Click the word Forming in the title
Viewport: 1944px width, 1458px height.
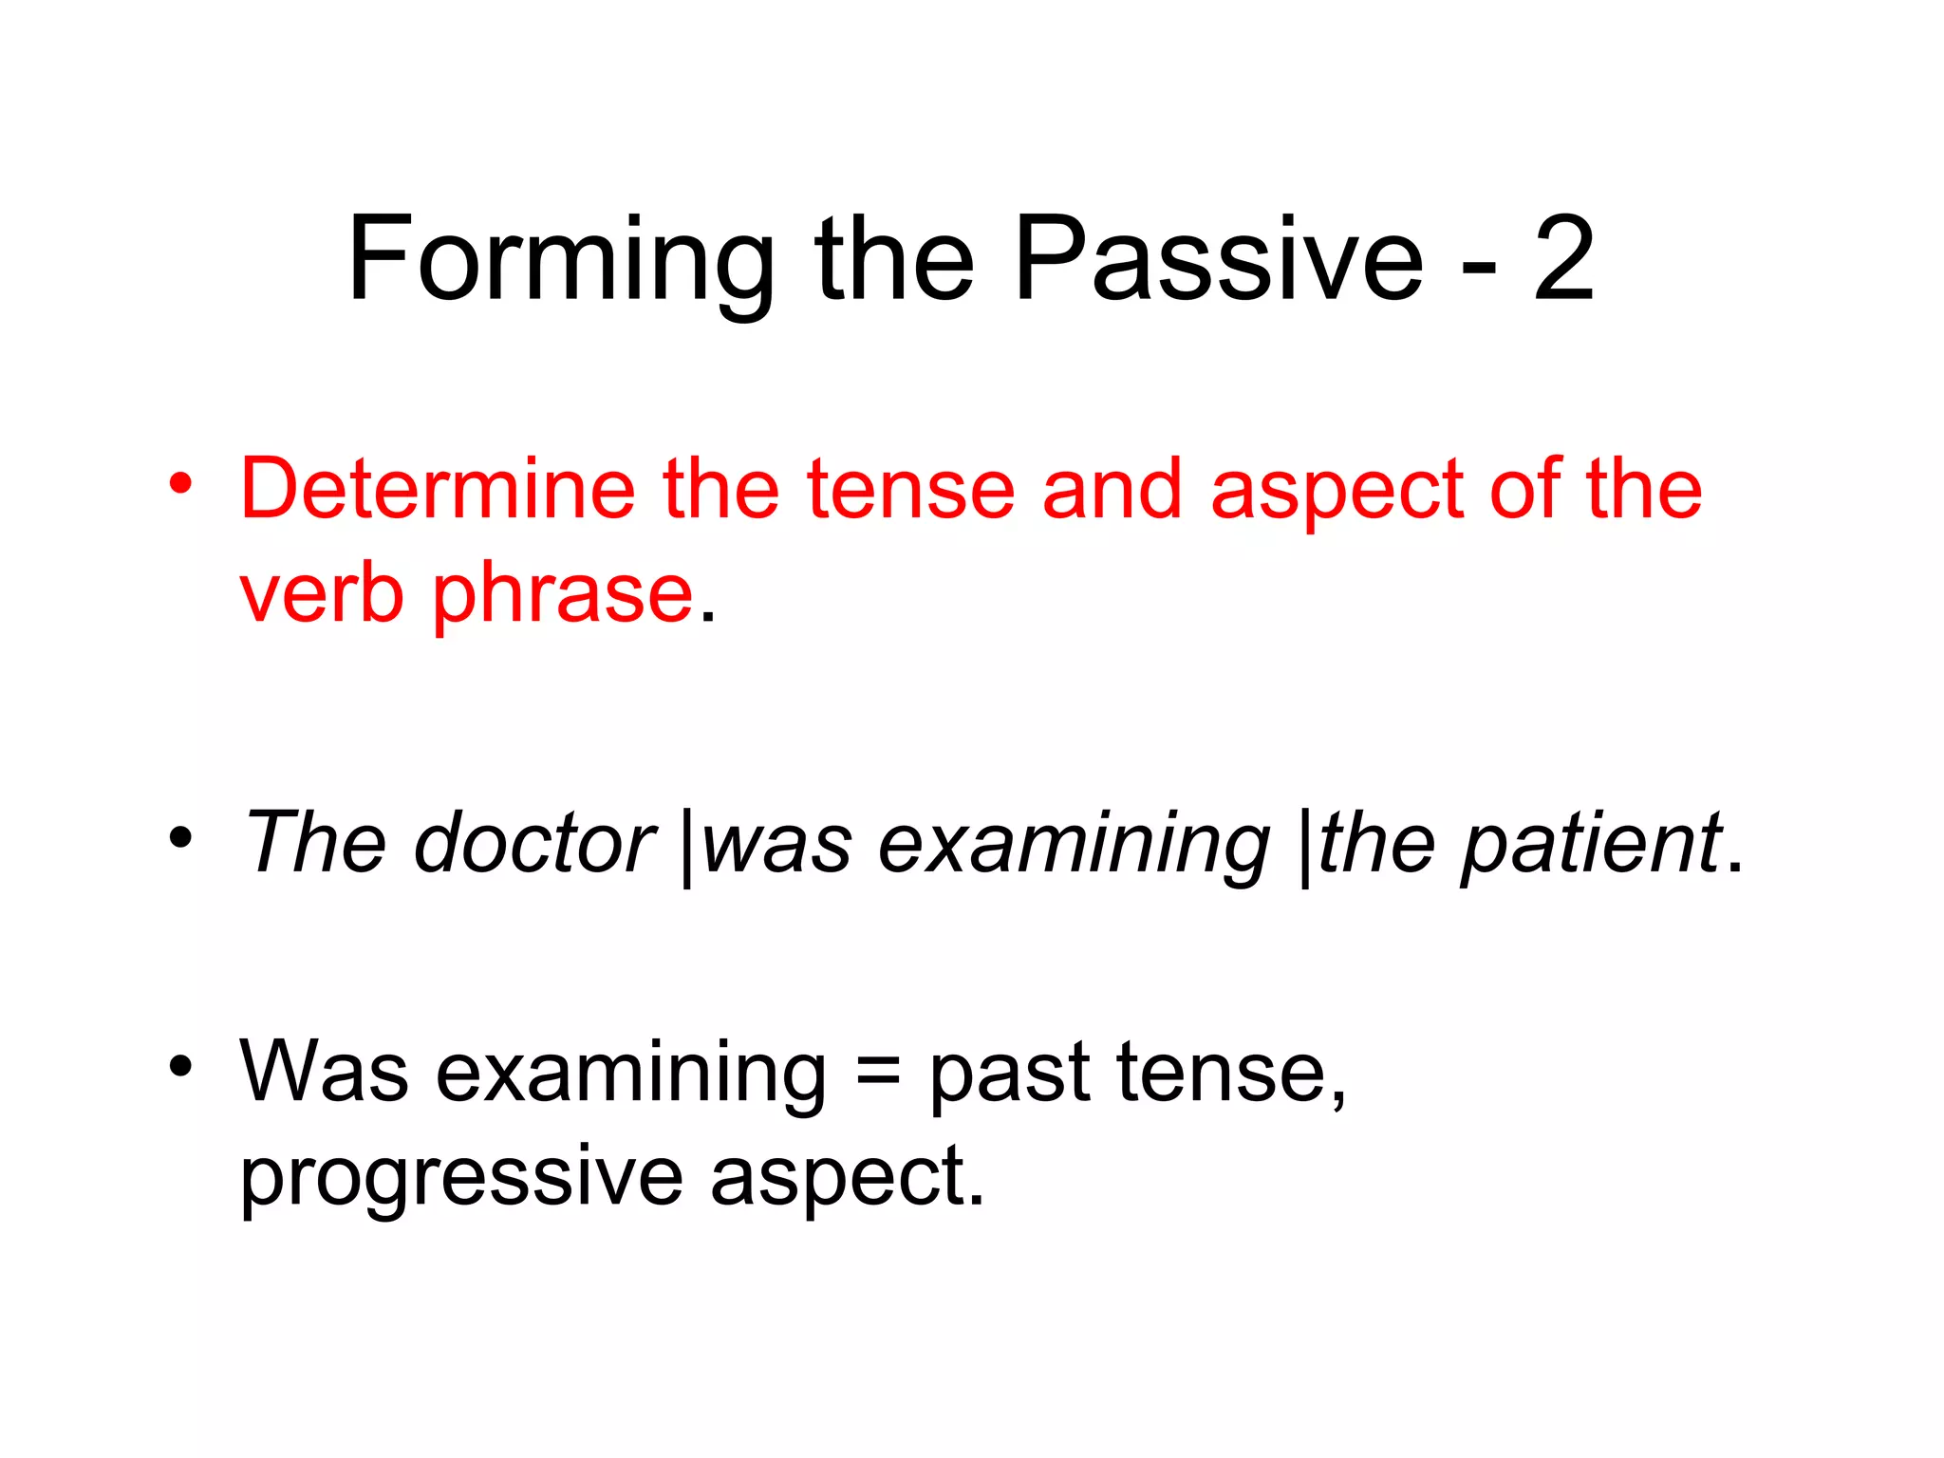[561, 260]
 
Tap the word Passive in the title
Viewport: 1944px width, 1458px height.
[1218, 258]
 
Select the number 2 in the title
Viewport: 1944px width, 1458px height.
[1563, 258]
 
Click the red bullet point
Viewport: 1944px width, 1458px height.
[180, 485]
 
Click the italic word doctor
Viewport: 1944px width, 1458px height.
[534, 843]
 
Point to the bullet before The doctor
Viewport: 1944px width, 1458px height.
[180, 837]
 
